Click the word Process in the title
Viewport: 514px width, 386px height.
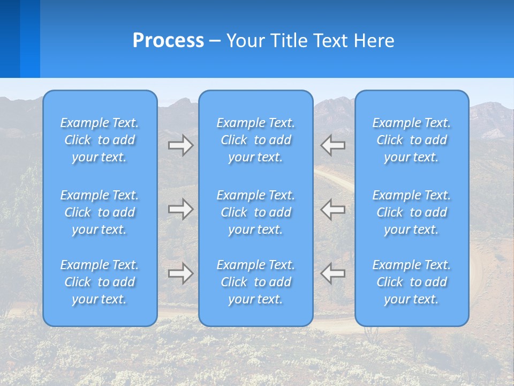coord(168,41)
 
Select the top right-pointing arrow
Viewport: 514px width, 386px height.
coord(181,145)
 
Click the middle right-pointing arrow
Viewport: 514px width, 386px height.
coord(181,209)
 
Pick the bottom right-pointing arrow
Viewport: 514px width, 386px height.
coord(181,273)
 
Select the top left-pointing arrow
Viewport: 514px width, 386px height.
coord(333,145)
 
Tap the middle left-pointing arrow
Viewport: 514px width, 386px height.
coord(333,209)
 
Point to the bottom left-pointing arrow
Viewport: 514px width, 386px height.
coord(333,273)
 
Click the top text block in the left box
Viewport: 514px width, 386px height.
coord(100,140)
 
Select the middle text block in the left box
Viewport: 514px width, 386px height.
coord(100,212)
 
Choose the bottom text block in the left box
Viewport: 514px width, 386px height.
coord(100,282)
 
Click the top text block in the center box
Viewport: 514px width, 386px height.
coord(256,140)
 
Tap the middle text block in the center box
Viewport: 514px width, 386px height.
coord(256,212)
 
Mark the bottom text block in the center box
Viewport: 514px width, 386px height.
coord(256,282)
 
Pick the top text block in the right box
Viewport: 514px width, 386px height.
coord(412,140)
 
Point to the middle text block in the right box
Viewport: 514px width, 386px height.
coord(412,212)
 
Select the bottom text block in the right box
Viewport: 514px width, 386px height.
coord(412,282)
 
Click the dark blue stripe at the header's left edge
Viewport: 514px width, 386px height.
coord(10,39)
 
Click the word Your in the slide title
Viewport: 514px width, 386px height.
coord(247,41)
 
